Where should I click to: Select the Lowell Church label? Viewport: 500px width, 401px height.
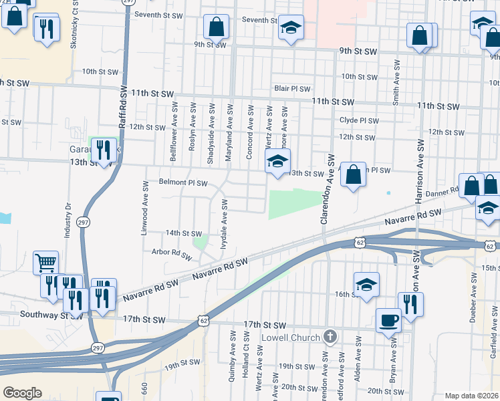pos(290,337)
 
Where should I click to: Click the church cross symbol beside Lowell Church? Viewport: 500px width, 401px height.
pos(329,336)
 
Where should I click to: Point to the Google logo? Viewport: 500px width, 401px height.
pos(22,393)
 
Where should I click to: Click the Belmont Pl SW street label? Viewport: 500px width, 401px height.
pos(183,182)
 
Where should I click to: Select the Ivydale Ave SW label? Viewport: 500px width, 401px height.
pos(225,227)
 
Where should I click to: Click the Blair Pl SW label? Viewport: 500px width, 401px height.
pos(292,88)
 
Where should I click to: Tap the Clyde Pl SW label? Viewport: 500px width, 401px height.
pos(359,121)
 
